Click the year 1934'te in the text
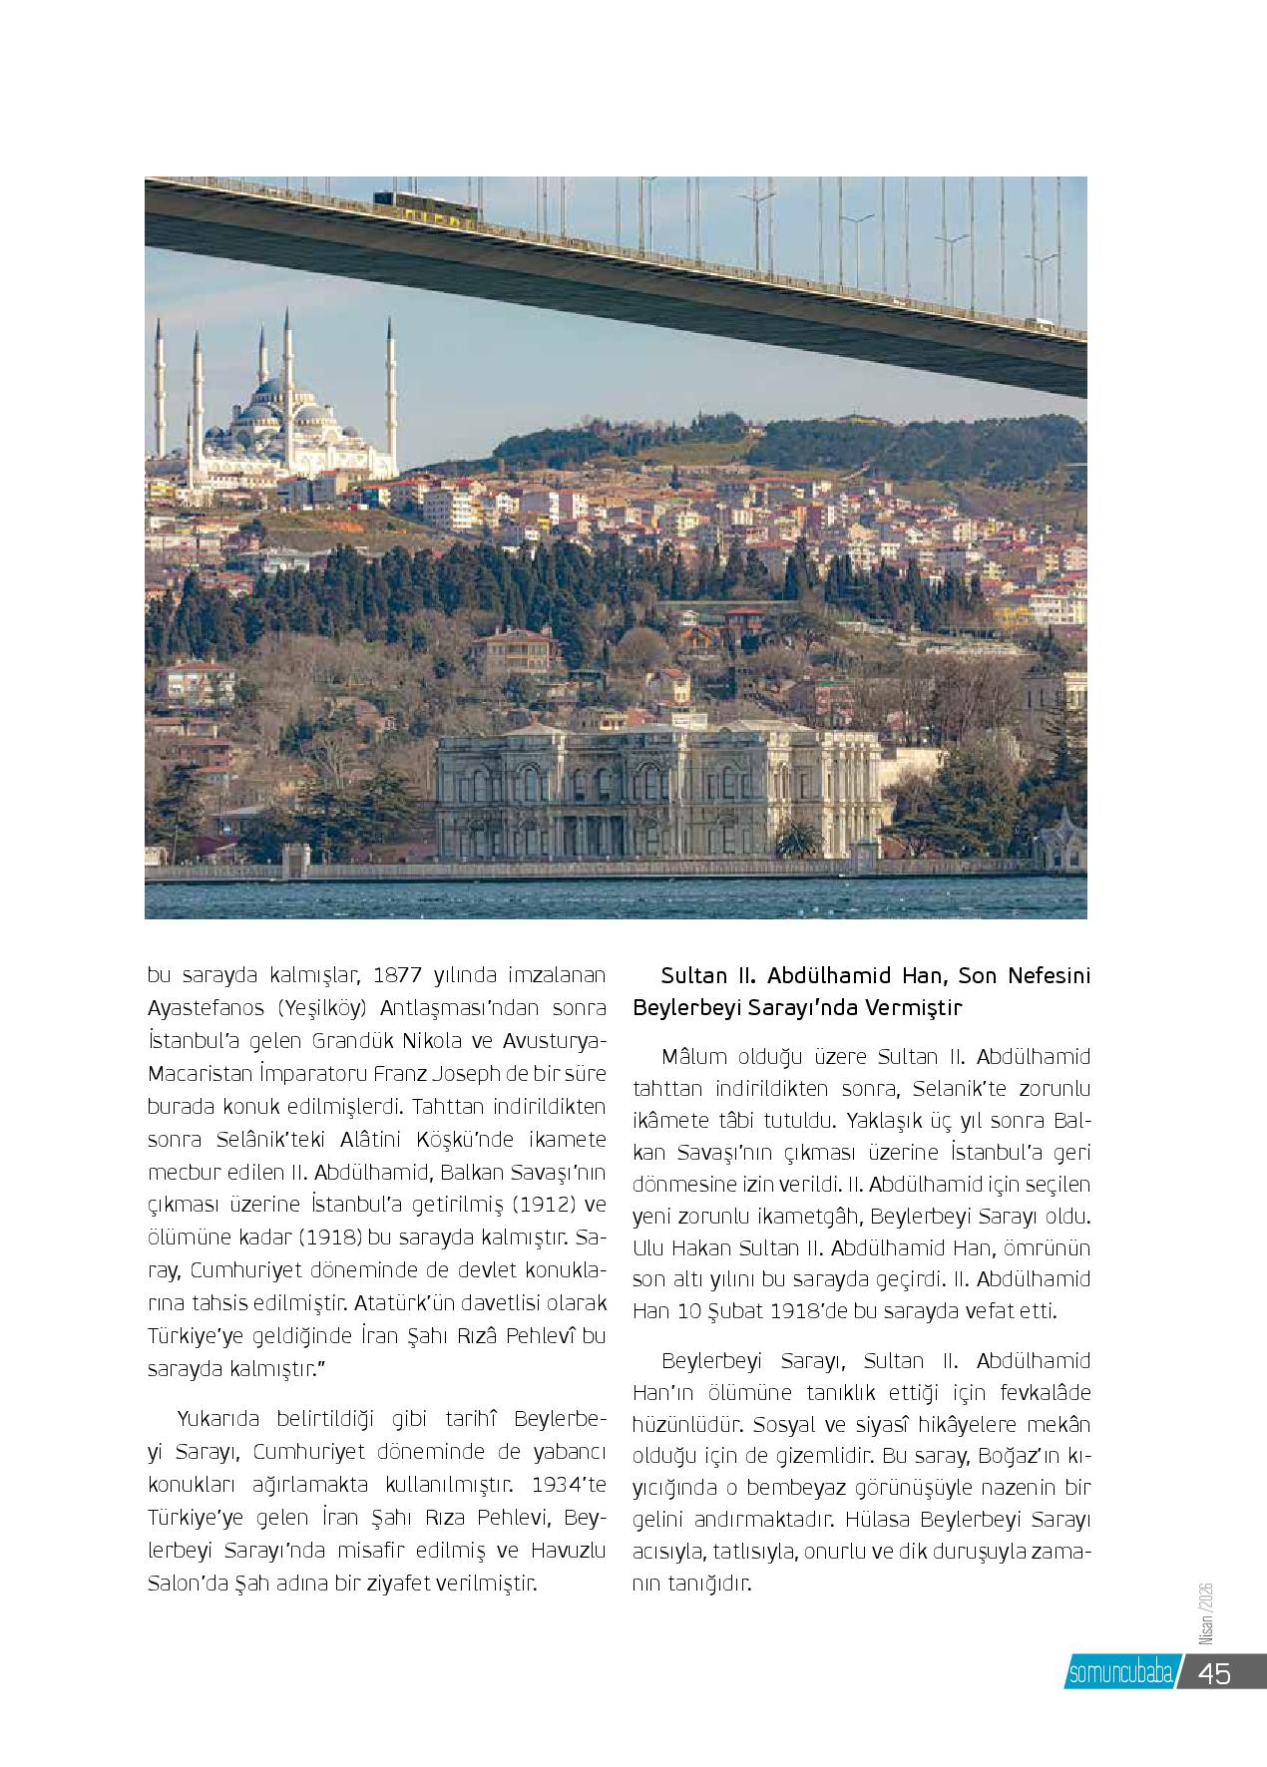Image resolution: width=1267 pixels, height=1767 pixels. tap(569, 1484)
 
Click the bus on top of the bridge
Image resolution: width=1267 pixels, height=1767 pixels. tap(426, 203)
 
